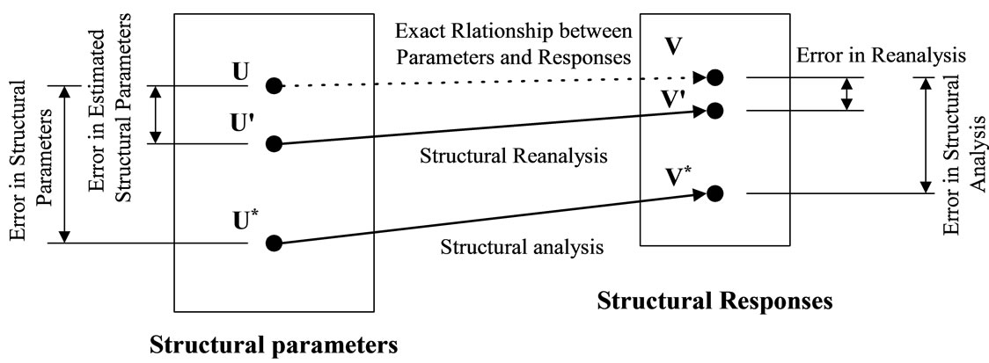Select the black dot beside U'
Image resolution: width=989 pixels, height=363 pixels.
[274, 143]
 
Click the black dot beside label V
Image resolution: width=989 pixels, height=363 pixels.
[715, 77]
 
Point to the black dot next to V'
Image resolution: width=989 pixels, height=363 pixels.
[715, 110]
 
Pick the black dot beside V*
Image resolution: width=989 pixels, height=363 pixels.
[715, 192]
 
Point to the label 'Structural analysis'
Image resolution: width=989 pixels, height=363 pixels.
[521, 246]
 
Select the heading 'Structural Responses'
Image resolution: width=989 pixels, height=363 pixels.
[714, 301]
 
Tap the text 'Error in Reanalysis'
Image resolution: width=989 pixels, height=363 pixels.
[881, 55]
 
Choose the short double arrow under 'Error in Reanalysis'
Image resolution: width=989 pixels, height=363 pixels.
[846, 93]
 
